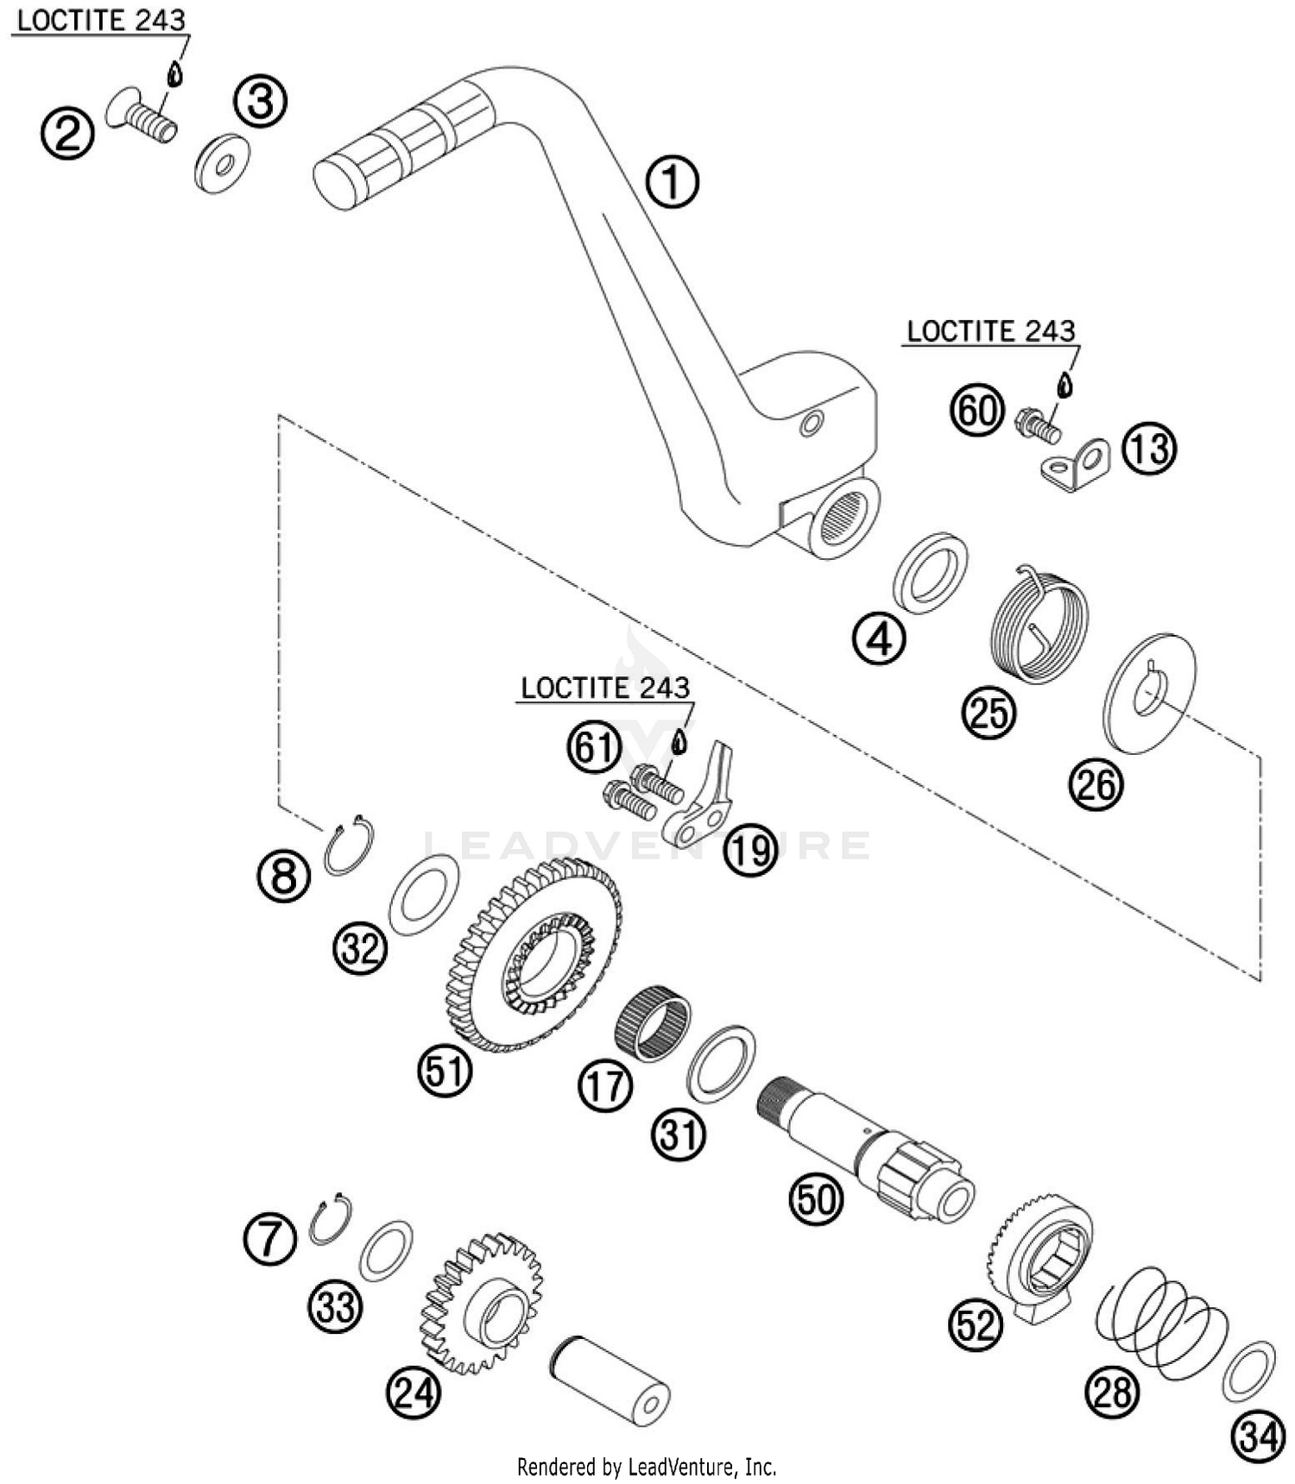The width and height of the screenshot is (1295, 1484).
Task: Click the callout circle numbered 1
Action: tap(673, 181)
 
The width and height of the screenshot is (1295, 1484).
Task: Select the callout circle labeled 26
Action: tap(1096, 784)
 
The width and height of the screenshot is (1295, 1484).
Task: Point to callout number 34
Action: tap(1257, 1437)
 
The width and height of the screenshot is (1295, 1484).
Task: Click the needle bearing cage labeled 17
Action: tap(654, 1028)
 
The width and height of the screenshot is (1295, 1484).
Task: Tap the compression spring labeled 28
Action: tap(1162, 1320)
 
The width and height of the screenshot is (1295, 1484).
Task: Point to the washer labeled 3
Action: tap(222, 162)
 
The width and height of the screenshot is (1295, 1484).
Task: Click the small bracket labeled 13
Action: tap(1075, 465)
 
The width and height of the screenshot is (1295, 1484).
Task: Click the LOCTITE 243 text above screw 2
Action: tap(101, 21)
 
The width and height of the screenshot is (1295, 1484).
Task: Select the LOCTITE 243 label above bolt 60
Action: tap(991, 331)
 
